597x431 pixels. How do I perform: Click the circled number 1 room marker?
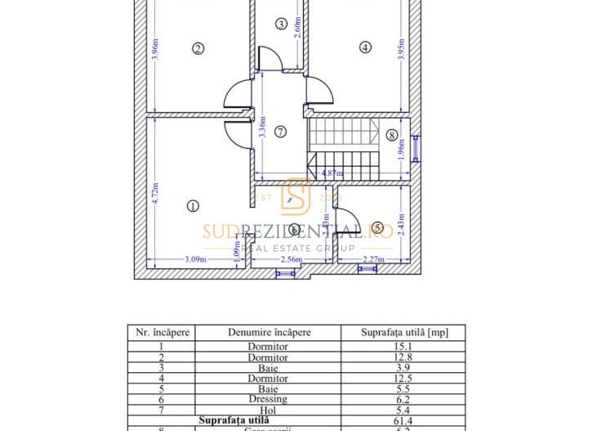click(x=193, y=206)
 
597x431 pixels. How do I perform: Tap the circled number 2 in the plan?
click(x=197, y=48)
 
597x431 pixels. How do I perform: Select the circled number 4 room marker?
click(x=365, y=47)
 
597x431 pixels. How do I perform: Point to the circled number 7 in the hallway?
click(x=280, y=131)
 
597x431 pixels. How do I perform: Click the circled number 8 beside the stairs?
click(x=391, y=135)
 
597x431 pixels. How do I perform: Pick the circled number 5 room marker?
click(x=377, y=226)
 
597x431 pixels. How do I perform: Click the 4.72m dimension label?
click(x=155, y=195)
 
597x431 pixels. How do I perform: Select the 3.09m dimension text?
click(x=194, y=260)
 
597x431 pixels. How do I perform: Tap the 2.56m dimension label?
click(x=292, y=260)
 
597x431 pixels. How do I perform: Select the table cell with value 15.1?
click(x=413, y=346)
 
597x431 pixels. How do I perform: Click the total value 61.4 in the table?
click(x=413, y=420)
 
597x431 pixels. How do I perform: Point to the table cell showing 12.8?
click(x=413, y=357)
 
